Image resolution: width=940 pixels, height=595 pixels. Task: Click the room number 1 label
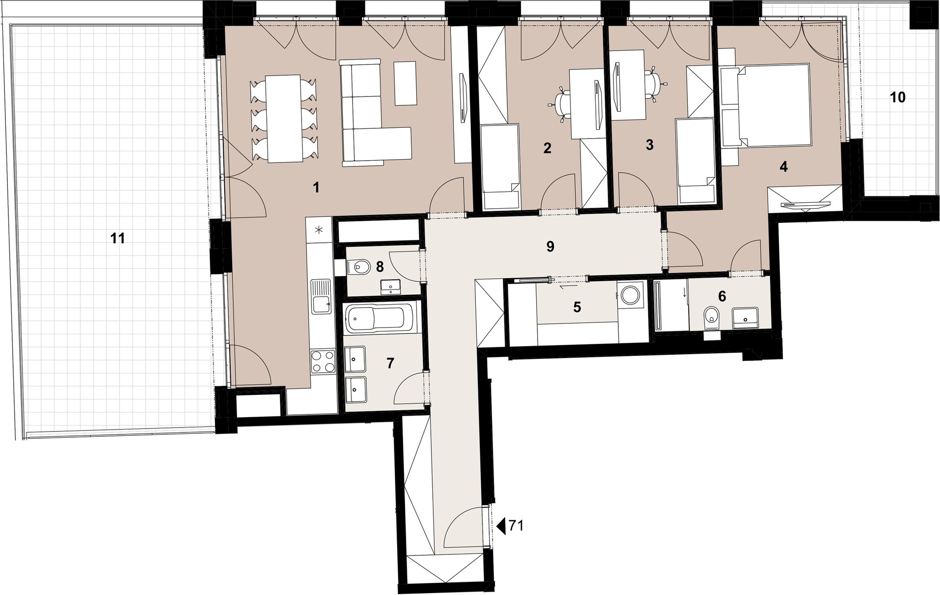(316, 187)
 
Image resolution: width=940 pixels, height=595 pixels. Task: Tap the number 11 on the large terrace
(117, 238)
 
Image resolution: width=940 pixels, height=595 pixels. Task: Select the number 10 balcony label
(897, 97)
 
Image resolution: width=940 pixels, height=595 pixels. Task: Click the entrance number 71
(516, 526)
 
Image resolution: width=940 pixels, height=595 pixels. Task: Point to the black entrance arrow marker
(501, 526)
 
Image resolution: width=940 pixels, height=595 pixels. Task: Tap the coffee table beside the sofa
(405, 83)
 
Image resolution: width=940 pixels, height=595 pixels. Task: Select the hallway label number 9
(550, 247)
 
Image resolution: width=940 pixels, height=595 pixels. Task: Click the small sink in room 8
(391, 286)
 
